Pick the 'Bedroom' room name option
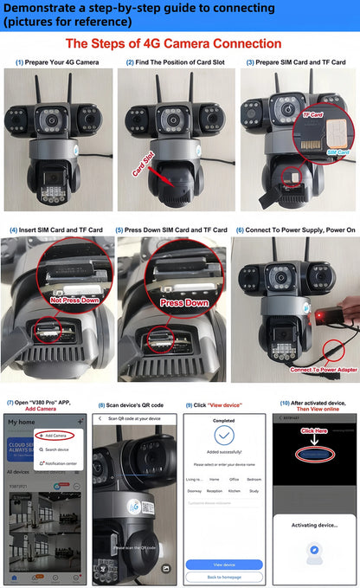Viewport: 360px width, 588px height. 254,479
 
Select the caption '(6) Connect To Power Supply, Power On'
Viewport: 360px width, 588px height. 294,229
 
